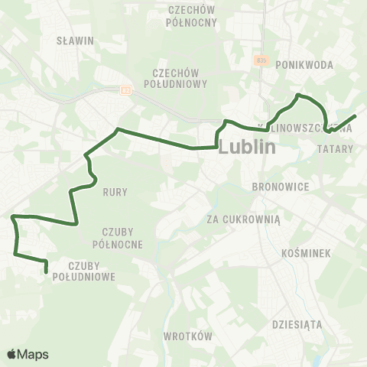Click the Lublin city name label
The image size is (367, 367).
[x=246, y=148]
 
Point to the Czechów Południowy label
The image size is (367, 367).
[x=175, y=78]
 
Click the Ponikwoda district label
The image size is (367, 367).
[x=304, y=65]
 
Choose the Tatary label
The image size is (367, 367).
[x=333, y=151]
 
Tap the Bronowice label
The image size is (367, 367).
[x=279, y=186]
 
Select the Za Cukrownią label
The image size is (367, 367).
[x=244, y=219]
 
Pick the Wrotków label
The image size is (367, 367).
[x=187, y=336]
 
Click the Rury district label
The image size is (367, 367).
[x=115, y=192]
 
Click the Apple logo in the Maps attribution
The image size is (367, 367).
[x=12, y=354]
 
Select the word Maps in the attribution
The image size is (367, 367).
[x=33, y=355]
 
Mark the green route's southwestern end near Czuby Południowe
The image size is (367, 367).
[x=47, y=271]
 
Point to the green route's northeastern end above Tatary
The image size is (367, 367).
[x=356, y=116]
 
